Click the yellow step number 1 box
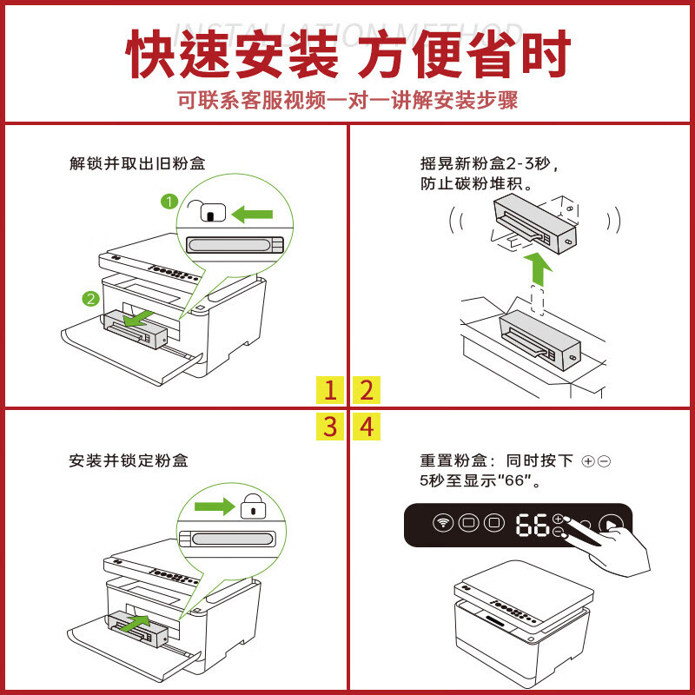[330, 389]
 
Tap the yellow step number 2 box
[366, 389]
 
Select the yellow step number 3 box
[330, 427]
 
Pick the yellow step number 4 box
[366, 427]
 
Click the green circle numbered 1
[169, 202]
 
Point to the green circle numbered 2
[91, 298]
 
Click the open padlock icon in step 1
[208, 210]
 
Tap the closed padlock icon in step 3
[253, 506]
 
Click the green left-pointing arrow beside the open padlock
[252, 215]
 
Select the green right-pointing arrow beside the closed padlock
[215, 506]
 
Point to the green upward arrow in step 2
[538, 269]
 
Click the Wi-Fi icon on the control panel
[442, 523]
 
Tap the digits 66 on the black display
[533, 525]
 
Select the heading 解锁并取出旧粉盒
[137, 163]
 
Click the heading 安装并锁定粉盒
[129, 460]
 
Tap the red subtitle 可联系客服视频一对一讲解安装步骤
[347, 100]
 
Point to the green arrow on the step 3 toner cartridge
[138, 622]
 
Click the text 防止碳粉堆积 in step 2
[472, 183]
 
